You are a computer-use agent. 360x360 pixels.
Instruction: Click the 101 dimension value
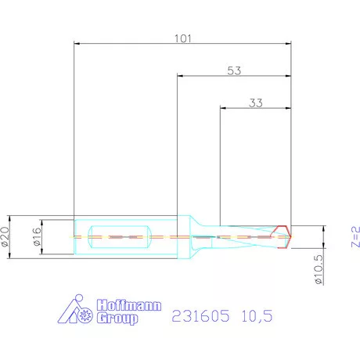click(182, 36)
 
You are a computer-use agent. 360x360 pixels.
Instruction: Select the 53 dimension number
click(233, 70)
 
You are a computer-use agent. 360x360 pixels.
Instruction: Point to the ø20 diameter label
click(7, 235)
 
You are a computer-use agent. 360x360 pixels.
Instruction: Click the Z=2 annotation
click(354, 236)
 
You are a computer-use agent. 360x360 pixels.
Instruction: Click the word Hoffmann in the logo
click(117, 306)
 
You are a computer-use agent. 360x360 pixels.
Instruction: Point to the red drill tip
click(286, 236)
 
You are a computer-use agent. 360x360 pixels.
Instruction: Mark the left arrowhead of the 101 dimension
click(75, 44)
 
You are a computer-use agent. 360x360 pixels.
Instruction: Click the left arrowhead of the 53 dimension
click(181, 77)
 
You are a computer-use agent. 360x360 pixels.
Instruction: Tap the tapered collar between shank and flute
click(196, 236)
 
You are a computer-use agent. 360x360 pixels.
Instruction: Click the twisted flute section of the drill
click(249, 236)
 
